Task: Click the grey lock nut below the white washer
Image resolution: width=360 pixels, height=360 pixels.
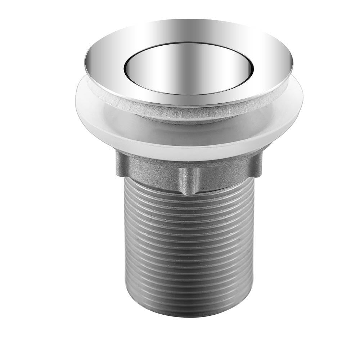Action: click(x=151, y=169)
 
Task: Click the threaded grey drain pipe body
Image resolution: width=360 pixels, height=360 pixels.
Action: click(x=189, y=248)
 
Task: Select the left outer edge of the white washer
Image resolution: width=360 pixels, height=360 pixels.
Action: click(x=77, y=97)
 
